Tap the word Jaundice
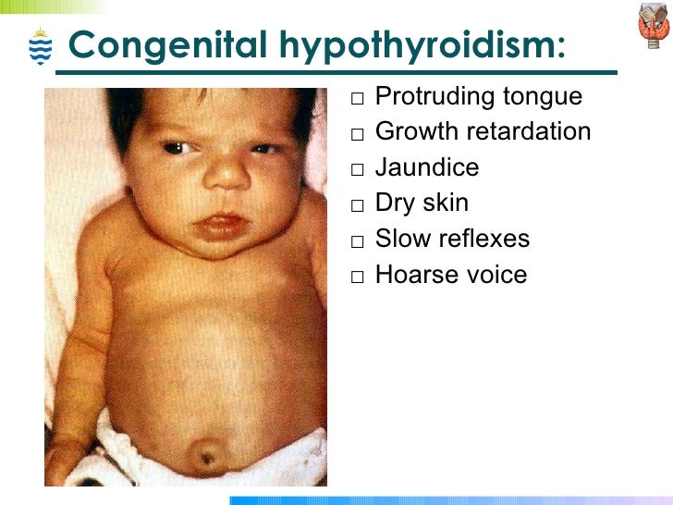click(427, 167)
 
